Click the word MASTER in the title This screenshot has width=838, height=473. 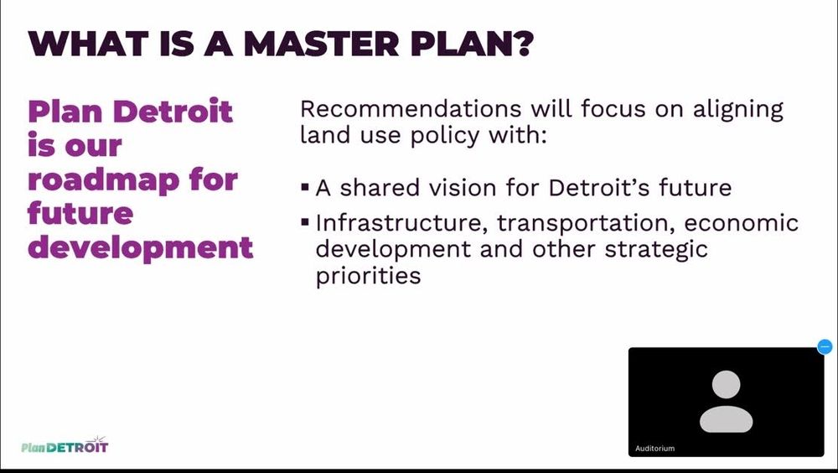[x=321, y=44]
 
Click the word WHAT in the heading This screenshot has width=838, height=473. [x=88, y=44]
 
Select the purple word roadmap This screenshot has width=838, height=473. [x=104, y=181]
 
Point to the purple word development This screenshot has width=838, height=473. [x=141, y=248]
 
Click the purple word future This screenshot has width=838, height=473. [x=80, y=213]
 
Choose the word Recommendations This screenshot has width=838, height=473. [x=411, y=109]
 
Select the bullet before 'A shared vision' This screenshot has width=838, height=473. [x=305, y=187]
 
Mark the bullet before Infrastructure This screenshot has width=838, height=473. [x=305, y=221]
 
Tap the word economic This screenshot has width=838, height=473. [x=742, y=222]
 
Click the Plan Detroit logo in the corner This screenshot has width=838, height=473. [x=65, y=445]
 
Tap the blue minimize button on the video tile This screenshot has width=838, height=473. [x=825, y=346]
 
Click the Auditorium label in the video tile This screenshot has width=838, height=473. [x=654, y=449]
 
